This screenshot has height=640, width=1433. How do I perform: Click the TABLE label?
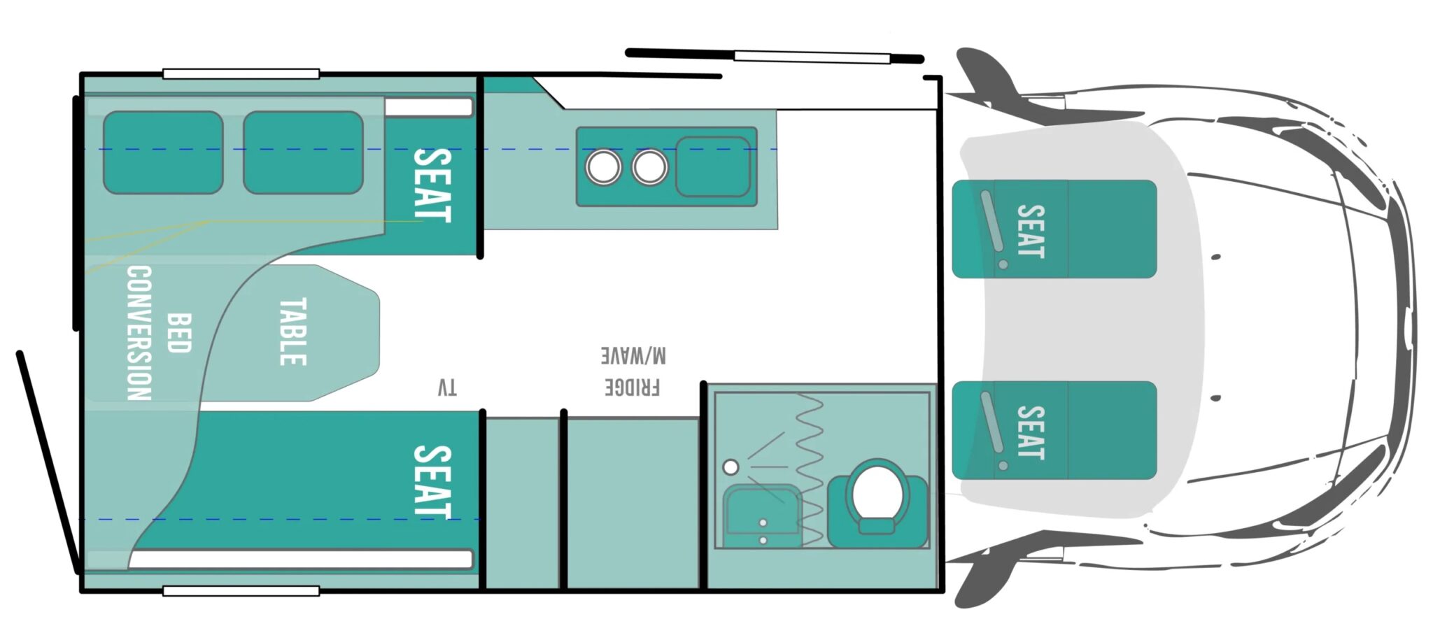293,332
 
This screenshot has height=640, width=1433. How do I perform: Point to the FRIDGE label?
633,387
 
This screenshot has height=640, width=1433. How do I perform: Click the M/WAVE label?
633,355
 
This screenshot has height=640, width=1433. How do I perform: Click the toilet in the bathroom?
878,502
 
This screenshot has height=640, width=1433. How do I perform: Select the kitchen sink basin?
713,166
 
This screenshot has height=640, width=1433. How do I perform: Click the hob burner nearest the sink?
649,167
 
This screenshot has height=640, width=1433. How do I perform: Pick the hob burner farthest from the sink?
603,167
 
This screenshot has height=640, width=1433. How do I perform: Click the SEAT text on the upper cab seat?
1030,231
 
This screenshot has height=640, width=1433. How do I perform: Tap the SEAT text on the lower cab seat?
1030,433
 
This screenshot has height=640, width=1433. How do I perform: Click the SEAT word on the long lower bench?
432,482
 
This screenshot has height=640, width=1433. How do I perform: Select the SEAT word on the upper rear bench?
432,185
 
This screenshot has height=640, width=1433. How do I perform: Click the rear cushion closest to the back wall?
163,152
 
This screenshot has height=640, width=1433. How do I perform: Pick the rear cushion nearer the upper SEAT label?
304,152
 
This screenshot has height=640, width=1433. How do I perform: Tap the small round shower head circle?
730,467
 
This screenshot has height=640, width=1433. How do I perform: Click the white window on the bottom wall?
241,591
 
